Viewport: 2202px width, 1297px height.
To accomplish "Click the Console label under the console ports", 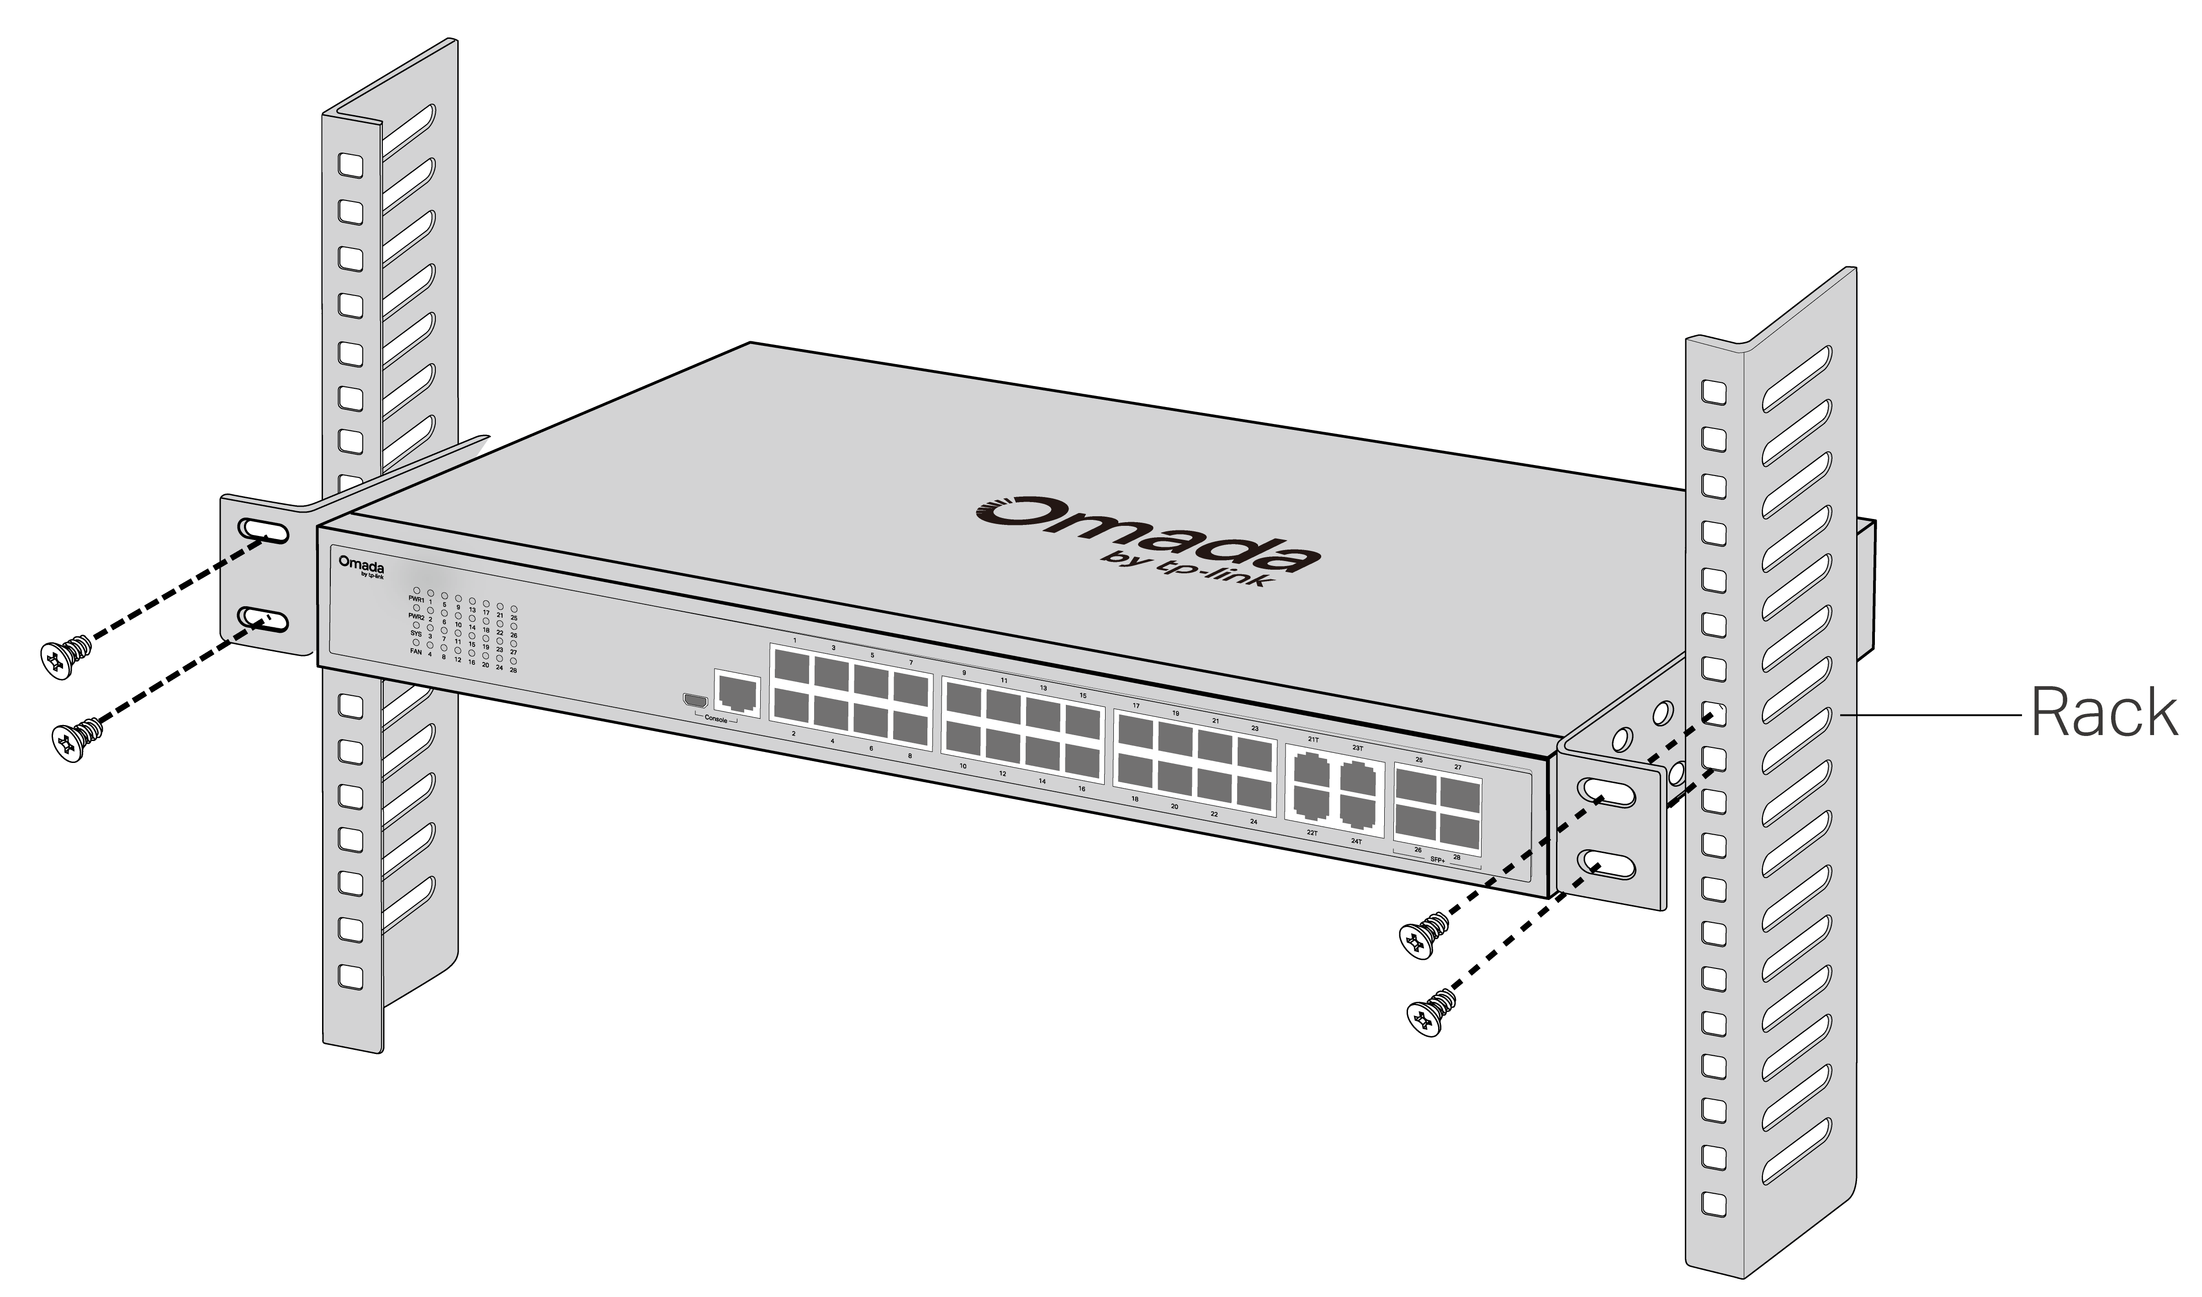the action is pos(715,719).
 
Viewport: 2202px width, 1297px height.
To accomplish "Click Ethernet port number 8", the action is pos(911,725).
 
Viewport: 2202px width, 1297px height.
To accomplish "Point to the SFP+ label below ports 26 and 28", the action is pos(1436,859).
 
